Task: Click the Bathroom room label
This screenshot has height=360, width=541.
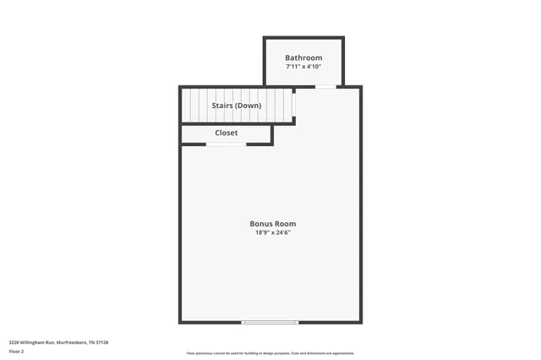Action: (303, 57)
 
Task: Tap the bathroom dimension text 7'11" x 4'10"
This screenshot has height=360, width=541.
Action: (303, 66)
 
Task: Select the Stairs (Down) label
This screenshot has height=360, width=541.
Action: (237, 106)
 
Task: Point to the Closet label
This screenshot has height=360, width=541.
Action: (227, 133)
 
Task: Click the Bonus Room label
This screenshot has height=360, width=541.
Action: (272, 224)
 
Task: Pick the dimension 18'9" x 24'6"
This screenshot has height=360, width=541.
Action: (272, 232)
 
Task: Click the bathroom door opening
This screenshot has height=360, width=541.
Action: (325, 86)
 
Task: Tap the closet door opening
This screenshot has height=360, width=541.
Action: (227, 145)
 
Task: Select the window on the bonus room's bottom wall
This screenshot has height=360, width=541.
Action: (270, 322)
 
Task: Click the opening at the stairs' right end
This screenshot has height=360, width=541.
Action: (293, 105)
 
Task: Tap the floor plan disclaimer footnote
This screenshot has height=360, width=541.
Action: (270, 353)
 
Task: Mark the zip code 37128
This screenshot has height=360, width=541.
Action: (103, 342)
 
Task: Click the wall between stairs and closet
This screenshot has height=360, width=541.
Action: (237, 124)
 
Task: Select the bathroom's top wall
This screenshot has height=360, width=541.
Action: (303, 37)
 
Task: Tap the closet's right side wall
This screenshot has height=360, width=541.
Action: (272, 134)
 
